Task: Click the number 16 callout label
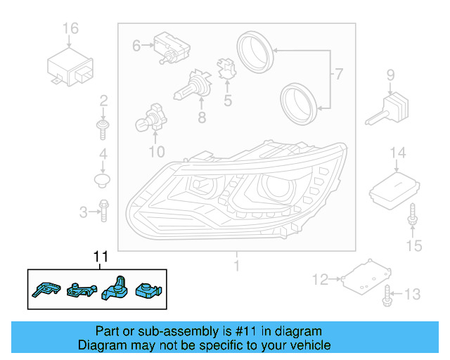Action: (70, 29)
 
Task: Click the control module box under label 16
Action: (70, 65)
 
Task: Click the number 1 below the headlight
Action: (237, 266)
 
